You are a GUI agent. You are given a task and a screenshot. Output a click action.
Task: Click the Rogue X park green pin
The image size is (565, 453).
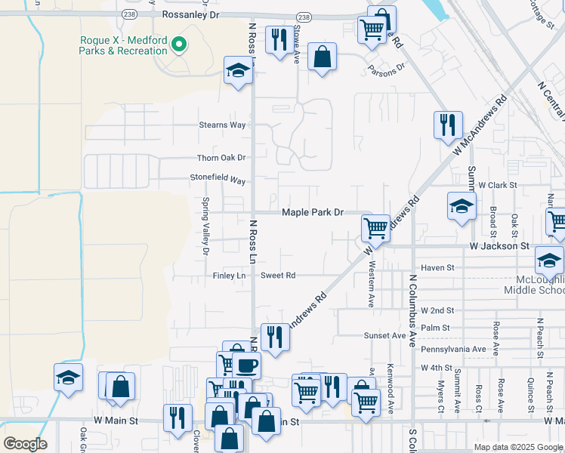tap(179, 45)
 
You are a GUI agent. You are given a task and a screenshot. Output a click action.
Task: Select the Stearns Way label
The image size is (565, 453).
tap(222, 125)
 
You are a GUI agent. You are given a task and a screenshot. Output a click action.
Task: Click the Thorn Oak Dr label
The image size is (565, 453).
tap(221, 158)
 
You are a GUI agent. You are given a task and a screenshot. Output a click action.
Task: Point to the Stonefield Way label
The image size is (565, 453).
tap(218, 180)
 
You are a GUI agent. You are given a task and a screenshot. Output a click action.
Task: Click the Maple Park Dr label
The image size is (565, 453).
tap(313, 213)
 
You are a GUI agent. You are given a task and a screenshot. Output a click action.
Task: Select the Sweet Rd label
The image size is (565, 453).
tap(278, 276)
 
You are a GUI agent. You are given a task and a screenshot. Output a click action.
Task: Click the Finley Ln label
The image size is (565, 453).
tap(230, 276)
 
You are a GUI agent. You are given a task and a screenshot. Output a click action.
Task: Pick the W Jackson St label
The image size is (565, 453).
tap(499, 246)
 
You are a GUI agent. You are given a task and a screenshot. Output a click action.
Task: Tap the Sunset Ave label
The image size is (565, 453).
tap(385, 335)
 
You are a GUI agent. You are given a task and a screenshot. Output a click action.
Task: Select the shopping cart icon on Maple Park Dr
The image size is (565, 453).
tap(375, 226)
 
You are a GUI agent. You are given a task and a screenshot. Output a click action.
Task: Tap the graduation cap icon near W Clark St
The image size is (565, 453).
tap(462, 205)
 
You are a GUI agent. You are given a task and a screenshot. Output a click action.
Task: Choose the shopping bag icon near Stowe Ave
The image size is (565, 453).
tap(322, 57)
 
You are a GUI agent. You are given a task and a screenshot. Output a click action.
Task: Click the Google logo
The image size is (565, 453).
tap(25, 444)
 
